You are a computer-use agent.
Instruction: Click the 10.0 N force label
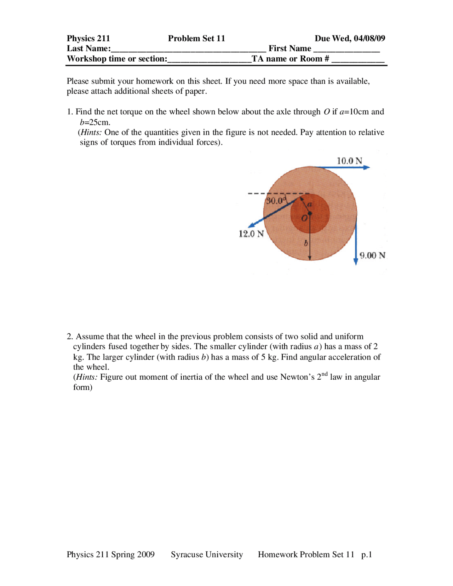349,161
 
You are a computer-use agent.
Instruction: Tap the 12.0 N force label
251,234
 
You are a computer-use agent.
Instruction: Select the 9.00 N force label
372,255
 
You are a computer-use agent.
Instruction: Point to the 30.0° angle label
275,201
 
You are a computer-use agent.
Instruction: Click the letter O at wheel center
304,219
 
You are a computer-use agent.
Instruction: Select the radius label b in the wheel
306,243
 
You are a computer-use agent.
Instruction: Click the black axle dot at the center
310,213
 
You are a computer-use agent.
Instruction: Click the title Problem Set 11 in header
196,38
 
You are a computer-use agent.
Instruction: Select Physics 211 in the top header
88,38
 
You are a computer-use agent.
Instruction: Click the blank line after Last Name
188,50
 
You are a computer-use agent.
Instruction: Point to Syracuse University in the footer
207,555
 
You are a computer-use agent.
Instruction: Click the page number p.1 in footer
367,555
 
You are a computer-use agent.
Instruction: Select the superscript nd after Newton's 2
324,374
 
